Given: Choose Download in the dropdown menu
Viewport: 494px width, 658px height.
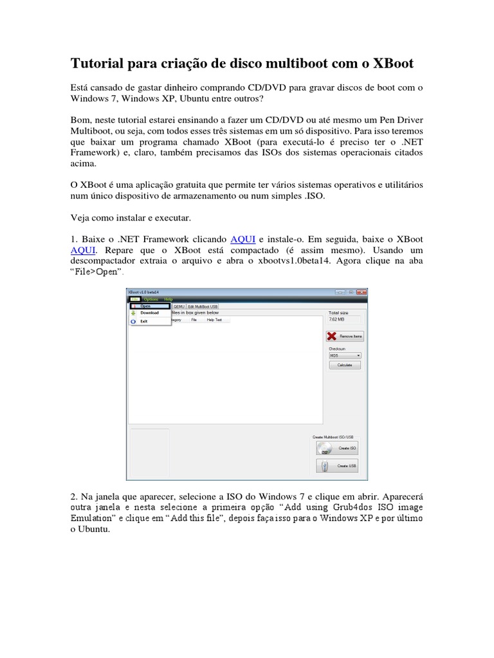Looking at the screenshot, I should click(149, 313).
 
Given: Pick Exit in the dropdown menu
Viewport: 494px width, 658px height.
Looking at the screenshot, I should click(144, 321).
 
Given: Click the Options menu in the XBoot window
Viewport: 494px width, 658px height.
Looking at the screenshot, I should click(151, 299).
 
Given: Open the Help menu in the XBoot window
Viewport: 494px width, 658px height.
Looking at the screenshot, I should click(169, 299).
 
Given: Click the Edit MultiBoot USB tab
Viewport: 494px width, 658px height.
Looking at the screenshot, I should click(203, 307).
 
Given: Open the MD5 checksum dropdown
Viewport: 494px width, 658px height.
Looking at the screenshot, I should click(345, 355).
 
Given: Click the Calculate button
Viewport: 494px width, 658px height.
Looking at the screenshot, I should click(345, 365).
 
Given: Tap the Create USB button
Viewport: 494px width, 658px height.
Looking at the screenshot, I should click(337, 466).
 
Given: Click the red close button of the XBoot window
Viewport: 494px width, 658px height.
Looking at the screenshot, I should click(362, 292).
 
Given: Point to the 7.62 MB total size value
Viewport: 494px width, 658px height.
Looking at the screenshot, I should click(337, 319).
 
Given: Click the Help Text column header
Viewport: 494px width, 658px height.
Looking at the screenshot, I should click(214, 319).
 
